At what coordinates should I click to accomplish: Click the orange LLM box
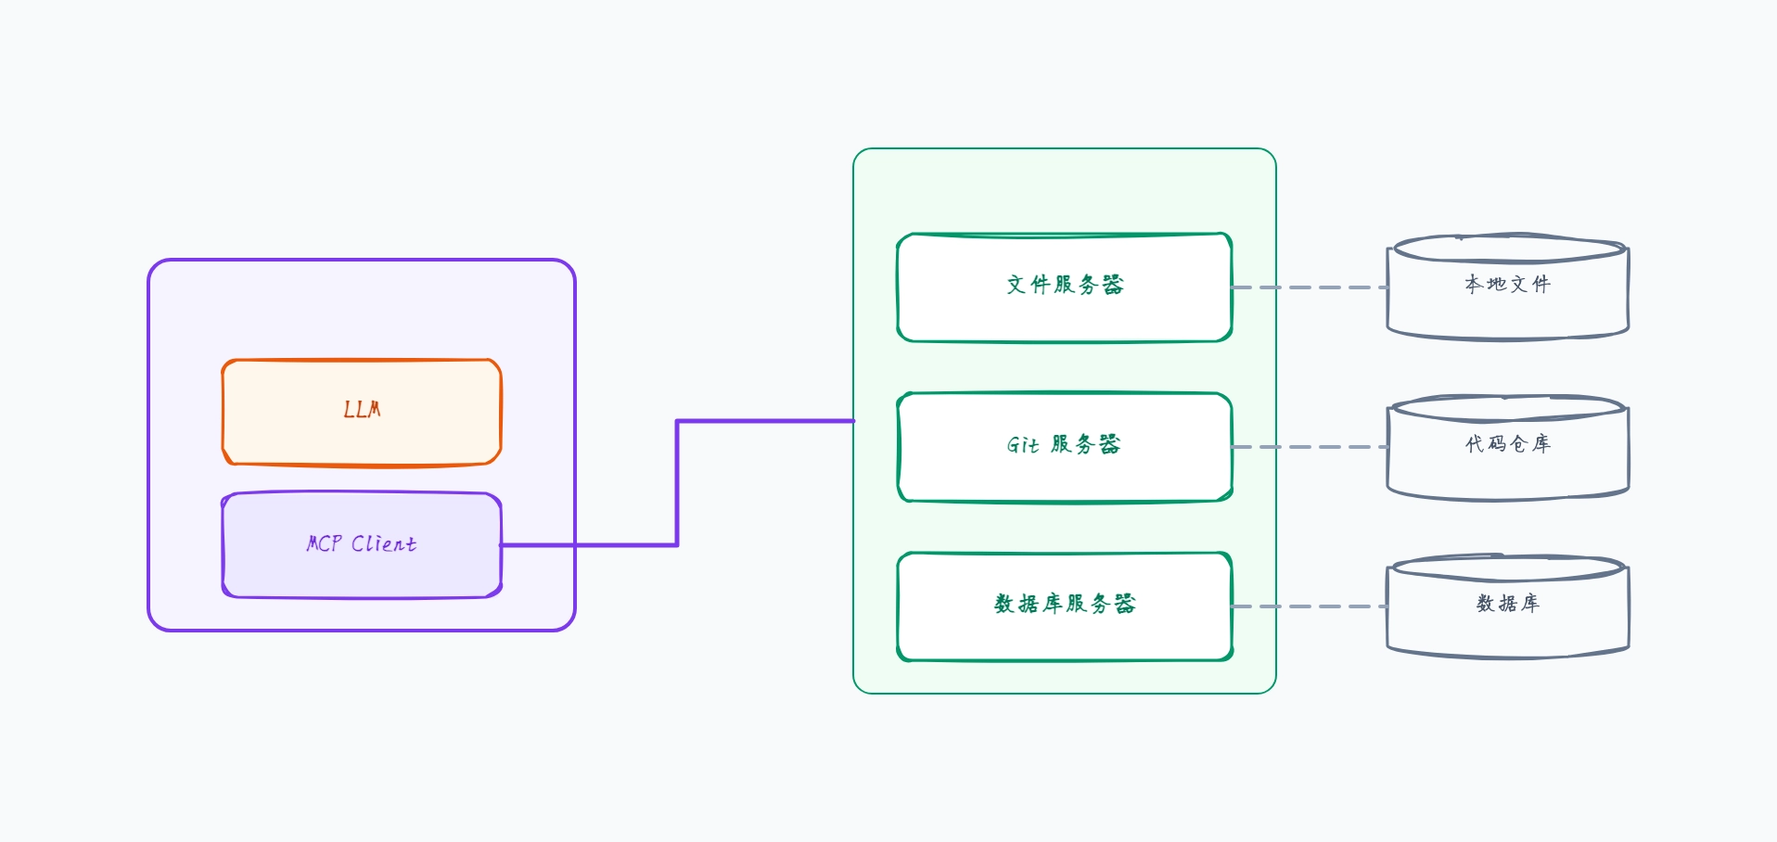[x=362, y=412]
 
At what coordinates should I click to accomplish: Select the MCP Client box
[x=362, y=545]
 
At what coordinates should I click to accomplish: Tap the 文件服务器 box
[x=1065, y=287]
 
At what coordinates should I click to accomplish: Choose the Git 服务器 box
[x=1065, y=447]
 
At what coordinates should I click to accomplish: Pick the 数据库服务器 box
[x=1065, y=606]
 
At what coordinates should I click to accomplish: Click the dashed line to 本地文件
[x=1310, y=287]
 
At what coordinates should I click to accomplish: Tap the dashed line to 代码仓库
[x=1310, y=447]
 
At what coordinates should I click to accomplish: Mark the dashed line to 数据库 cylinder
[x=1310, y=606]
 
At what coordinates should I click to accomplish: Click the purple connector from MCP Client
[x=677, y=482]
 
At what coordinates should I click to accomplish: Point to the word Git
[x=1023, y=445]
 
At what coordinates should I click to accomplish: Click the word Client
[x=384, y=543]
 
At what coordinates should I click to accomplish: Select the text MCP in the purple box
[x=324, y=543]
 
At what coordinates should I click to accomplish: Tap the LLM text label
[x=362, y=409]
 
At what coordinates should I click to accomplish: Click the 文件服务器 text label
[x=1065, y=285]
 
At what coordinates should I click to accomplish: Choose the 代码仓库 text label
[x=1508, y=444]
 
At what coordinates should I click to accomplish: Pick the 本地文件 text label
[x=1508, y=284]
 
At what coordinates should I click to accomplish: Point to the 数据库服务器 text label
[x=1065, y=604]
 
